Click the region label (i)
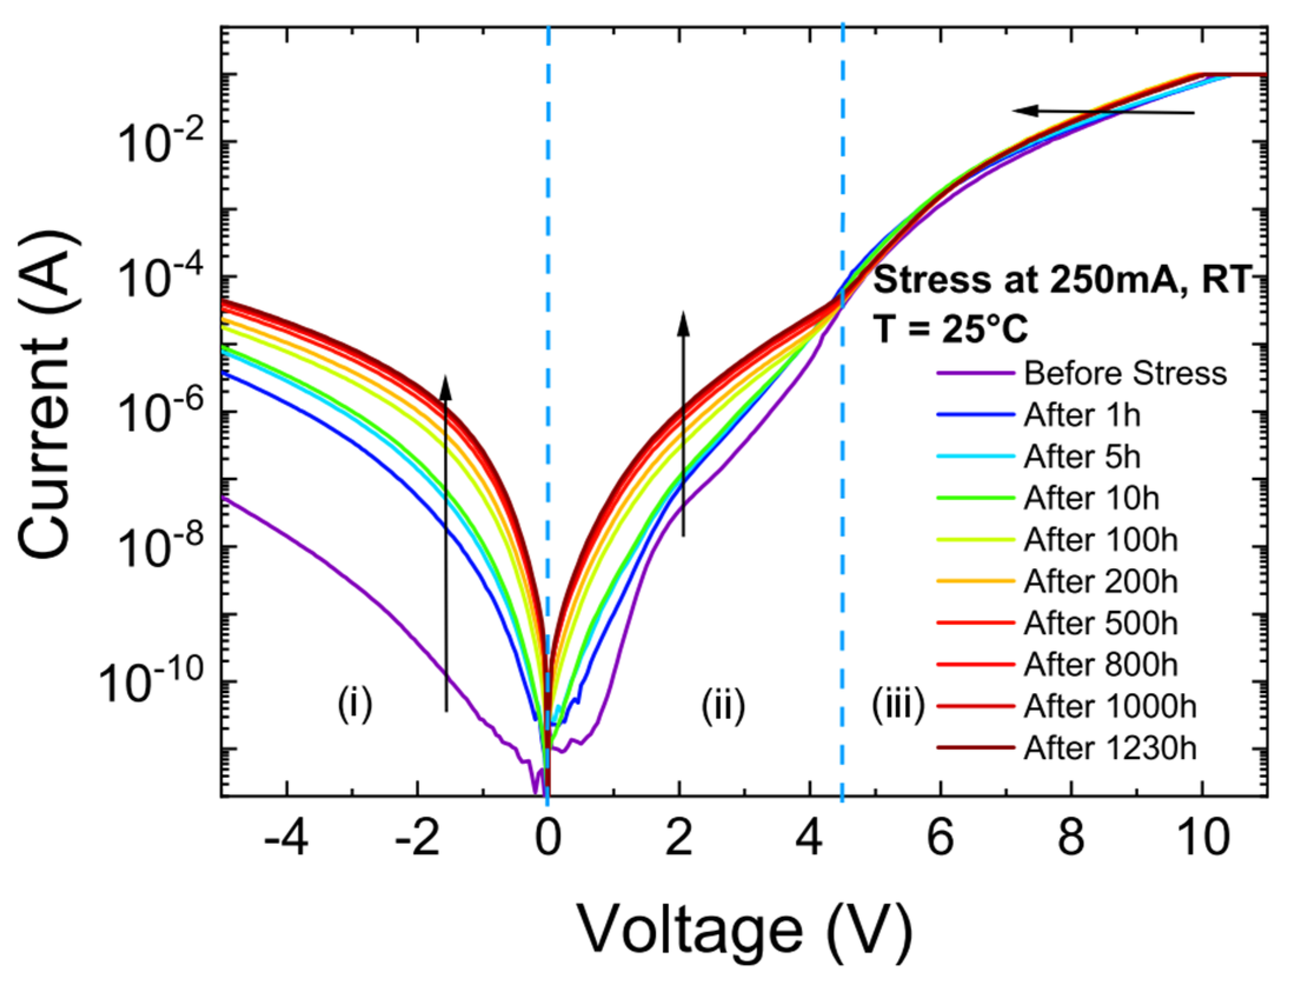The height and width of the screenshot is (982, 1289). (354, 705)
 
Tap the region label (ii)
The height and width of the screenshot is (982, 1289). (723, 705)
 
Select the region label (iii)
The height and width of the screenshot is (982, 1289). (898, 705)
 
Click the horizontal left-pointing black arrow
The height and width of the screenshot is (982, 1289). (1103, 111)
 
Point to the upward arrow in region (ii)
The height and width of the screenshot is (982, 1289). (683, 424)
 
